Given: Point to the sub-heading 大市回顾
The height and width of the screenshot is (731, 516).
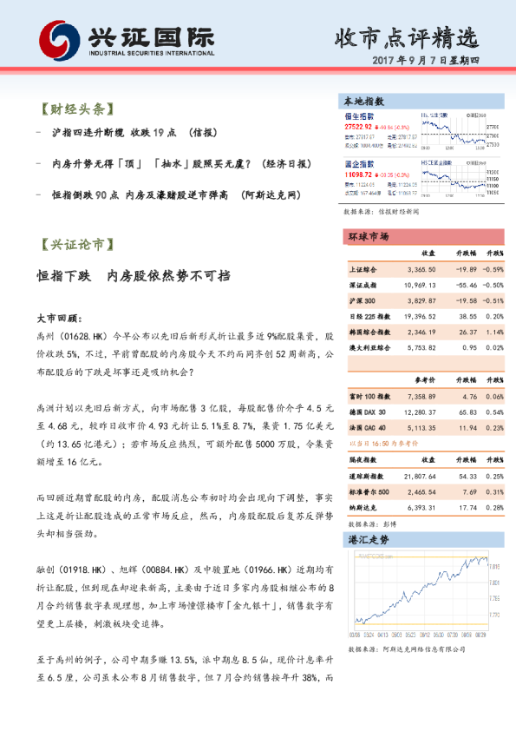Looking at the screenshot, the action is click(x=60, y=318).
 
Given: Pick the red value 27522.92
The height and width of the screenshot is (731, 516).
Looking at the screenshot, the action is click(x=361, y=126).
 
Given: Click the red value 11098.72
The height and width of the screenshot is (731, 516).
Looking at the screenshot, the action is click(x=361, y=175).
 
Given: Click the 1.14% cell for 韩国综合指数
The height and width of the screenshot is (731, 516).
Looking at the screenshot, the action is click(x=493, y=332).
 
